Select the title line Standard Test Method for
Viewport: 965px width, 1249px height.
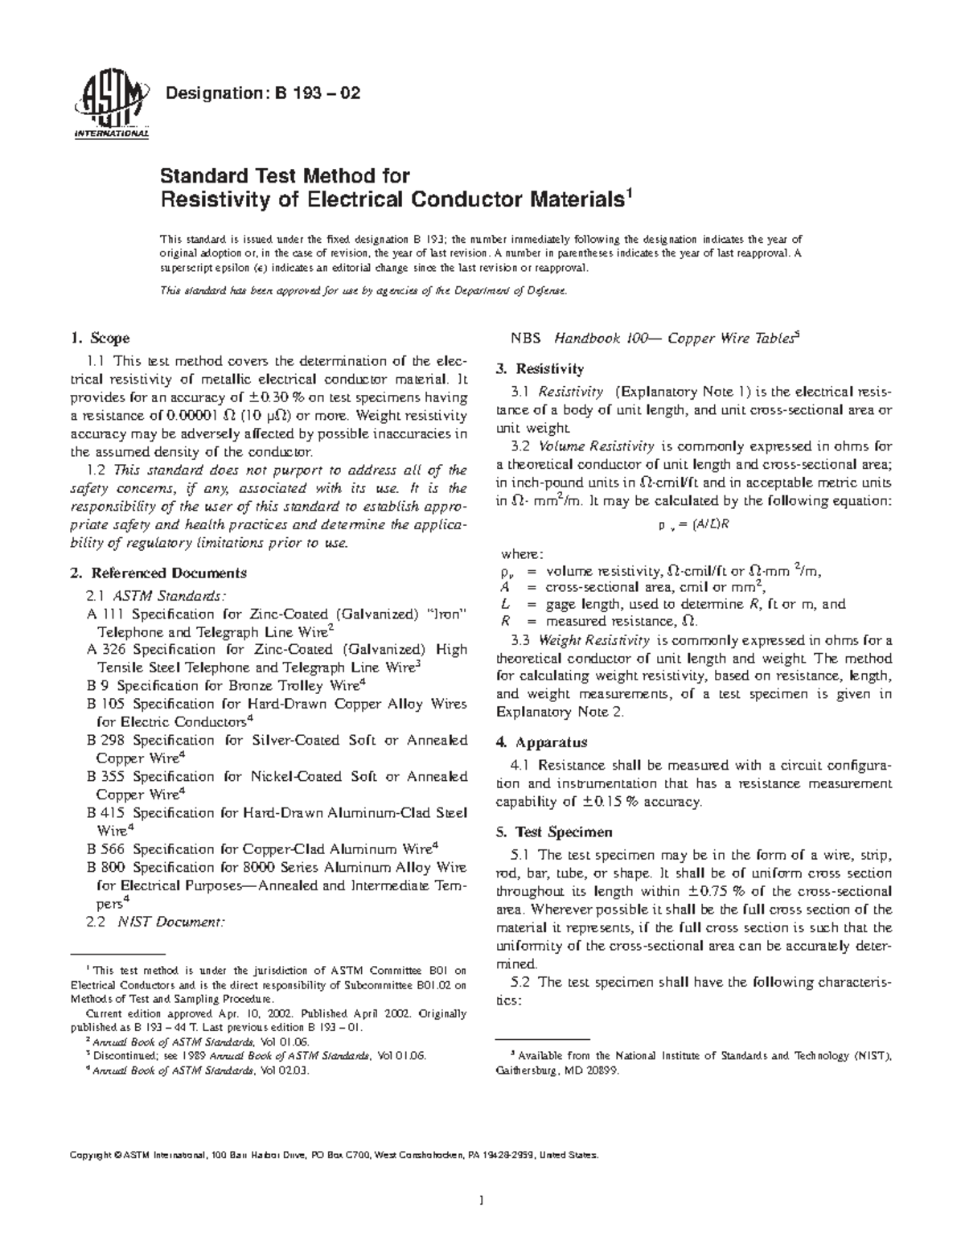285,175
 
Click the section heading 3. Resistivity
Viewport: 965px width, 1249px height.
540,369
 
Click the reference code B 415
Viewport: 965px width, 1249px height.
105,813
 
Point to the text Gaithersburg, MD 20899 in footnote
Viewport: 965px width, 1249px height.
557,1071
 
